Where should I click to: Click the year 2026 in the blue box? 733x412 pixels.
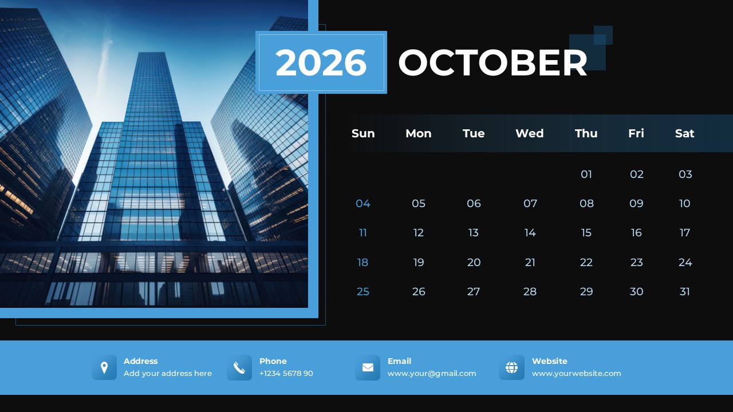(321, 62)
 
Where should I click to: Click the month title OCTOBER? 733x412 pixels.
(492, 62)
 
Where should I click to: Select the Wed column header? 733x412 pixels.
(529, 133)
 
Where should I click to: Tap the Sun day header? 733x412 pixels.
(363, 133)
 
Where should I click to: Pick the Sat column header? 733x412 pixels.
(684, 133)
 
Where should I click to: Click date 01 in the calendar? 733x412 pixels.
(586, 174)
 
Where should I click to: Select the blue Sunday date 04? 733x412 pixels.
(363, 203)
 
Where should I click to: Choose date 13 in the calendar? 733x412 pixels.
(474, 233)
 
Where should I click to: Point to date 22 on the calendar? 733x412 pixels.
(586, 262)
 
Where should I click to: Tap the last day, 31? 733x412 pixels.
(685, 291)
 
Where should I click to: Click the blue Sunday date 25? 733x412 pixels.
(363, 291)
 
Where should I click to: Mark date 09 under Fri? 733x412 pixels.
(636, 203)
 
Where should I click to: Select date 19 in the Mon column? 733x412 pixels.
(419, 262)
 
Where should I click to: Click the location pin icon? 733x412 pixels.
(104, 367)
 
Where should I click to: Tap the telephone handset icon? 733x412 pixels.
(239, 367)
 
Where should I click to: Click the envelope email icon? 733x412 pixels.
(368, 367)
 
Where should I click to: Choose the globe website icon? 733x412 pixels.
(511, 367)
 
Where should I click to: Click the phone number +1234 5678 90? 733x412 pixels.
(286, 374)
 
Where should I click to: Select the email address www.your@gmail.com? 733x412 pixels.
(432, 374)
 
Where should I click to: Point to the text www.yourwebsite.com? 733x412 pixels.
(576, 374)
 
